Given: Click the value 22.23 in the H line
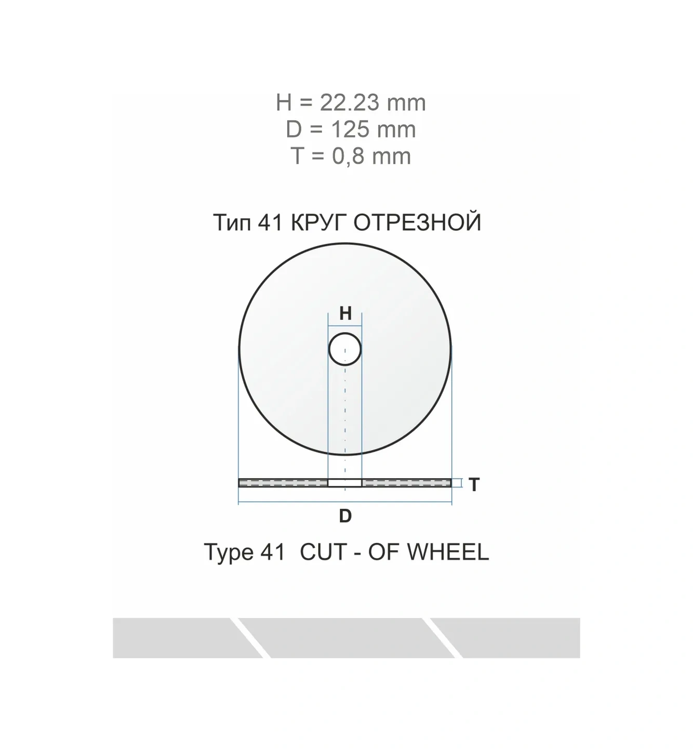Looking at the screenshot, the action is click(349, 102).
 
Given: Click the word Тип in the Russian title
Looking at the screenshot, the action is click(232, 222).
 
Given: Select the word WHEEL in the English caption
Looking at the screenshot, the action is click(448, 552).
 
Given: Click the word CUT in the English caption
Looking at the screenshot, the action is click(324, 552).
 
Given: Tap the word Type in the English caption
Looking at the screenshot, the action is click(229, 553).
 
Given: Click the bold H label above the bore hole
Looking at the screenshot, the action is click(345, 313).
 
